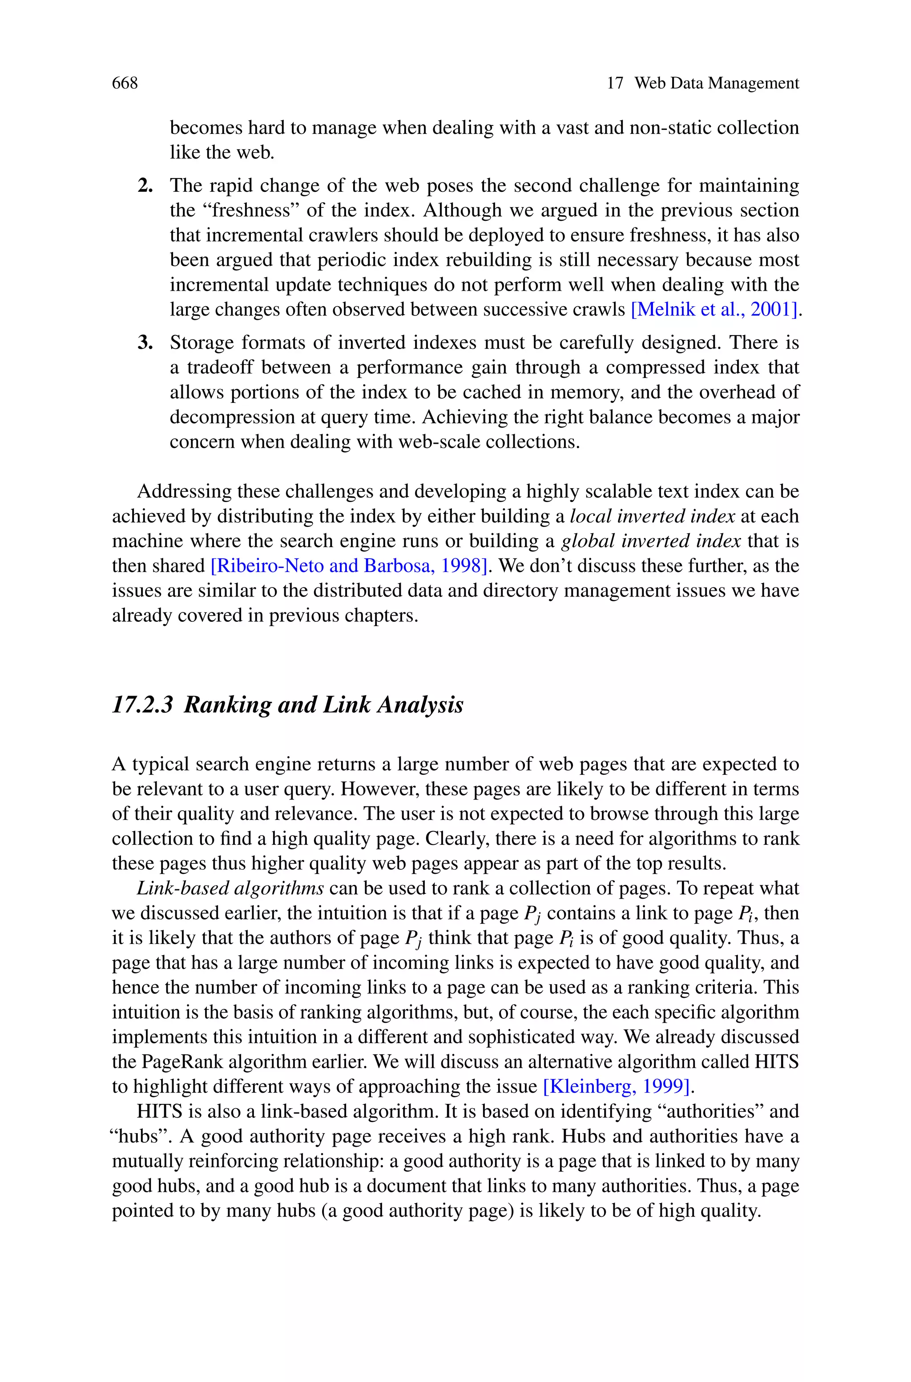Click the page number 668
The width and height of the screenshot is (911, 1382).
[x=125, y=84]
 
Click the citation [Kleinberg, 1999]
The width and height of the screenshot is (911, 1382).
[x=617, y=1086]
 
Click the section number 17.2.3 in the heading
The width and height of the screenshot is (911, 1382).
[x=143, y=705]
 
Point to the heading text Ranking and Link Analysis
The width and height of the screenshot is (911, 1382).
[x=324, y=705]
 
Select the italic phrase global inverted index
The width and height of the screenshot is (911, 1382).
[x=651, y=541]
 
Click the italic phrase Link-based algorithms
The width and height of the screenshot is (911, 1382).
[x=230, y=888]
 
